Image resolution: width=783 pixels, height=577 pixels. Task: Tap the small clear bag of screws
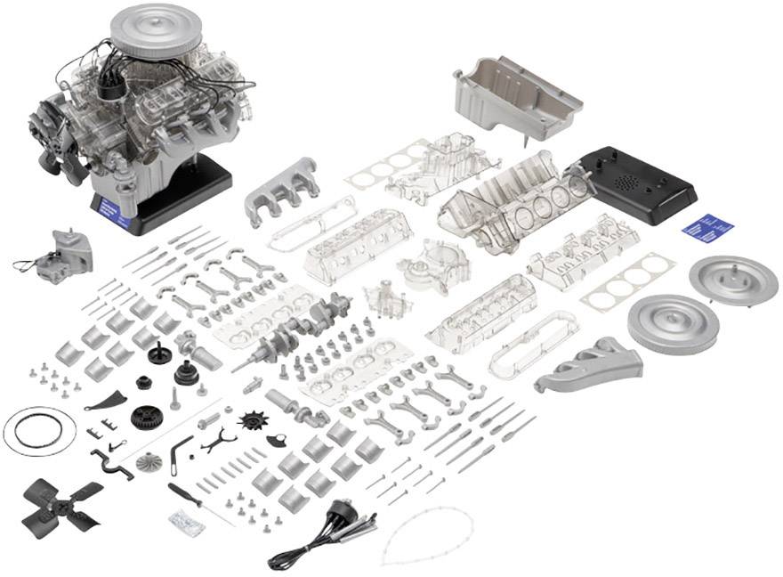click(187, 524)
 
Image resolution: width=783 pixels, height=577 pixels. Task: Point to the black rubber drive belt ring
click(38, 431)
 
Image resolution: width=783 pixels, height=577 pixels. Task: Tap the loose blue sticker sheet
click(703, 226)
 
